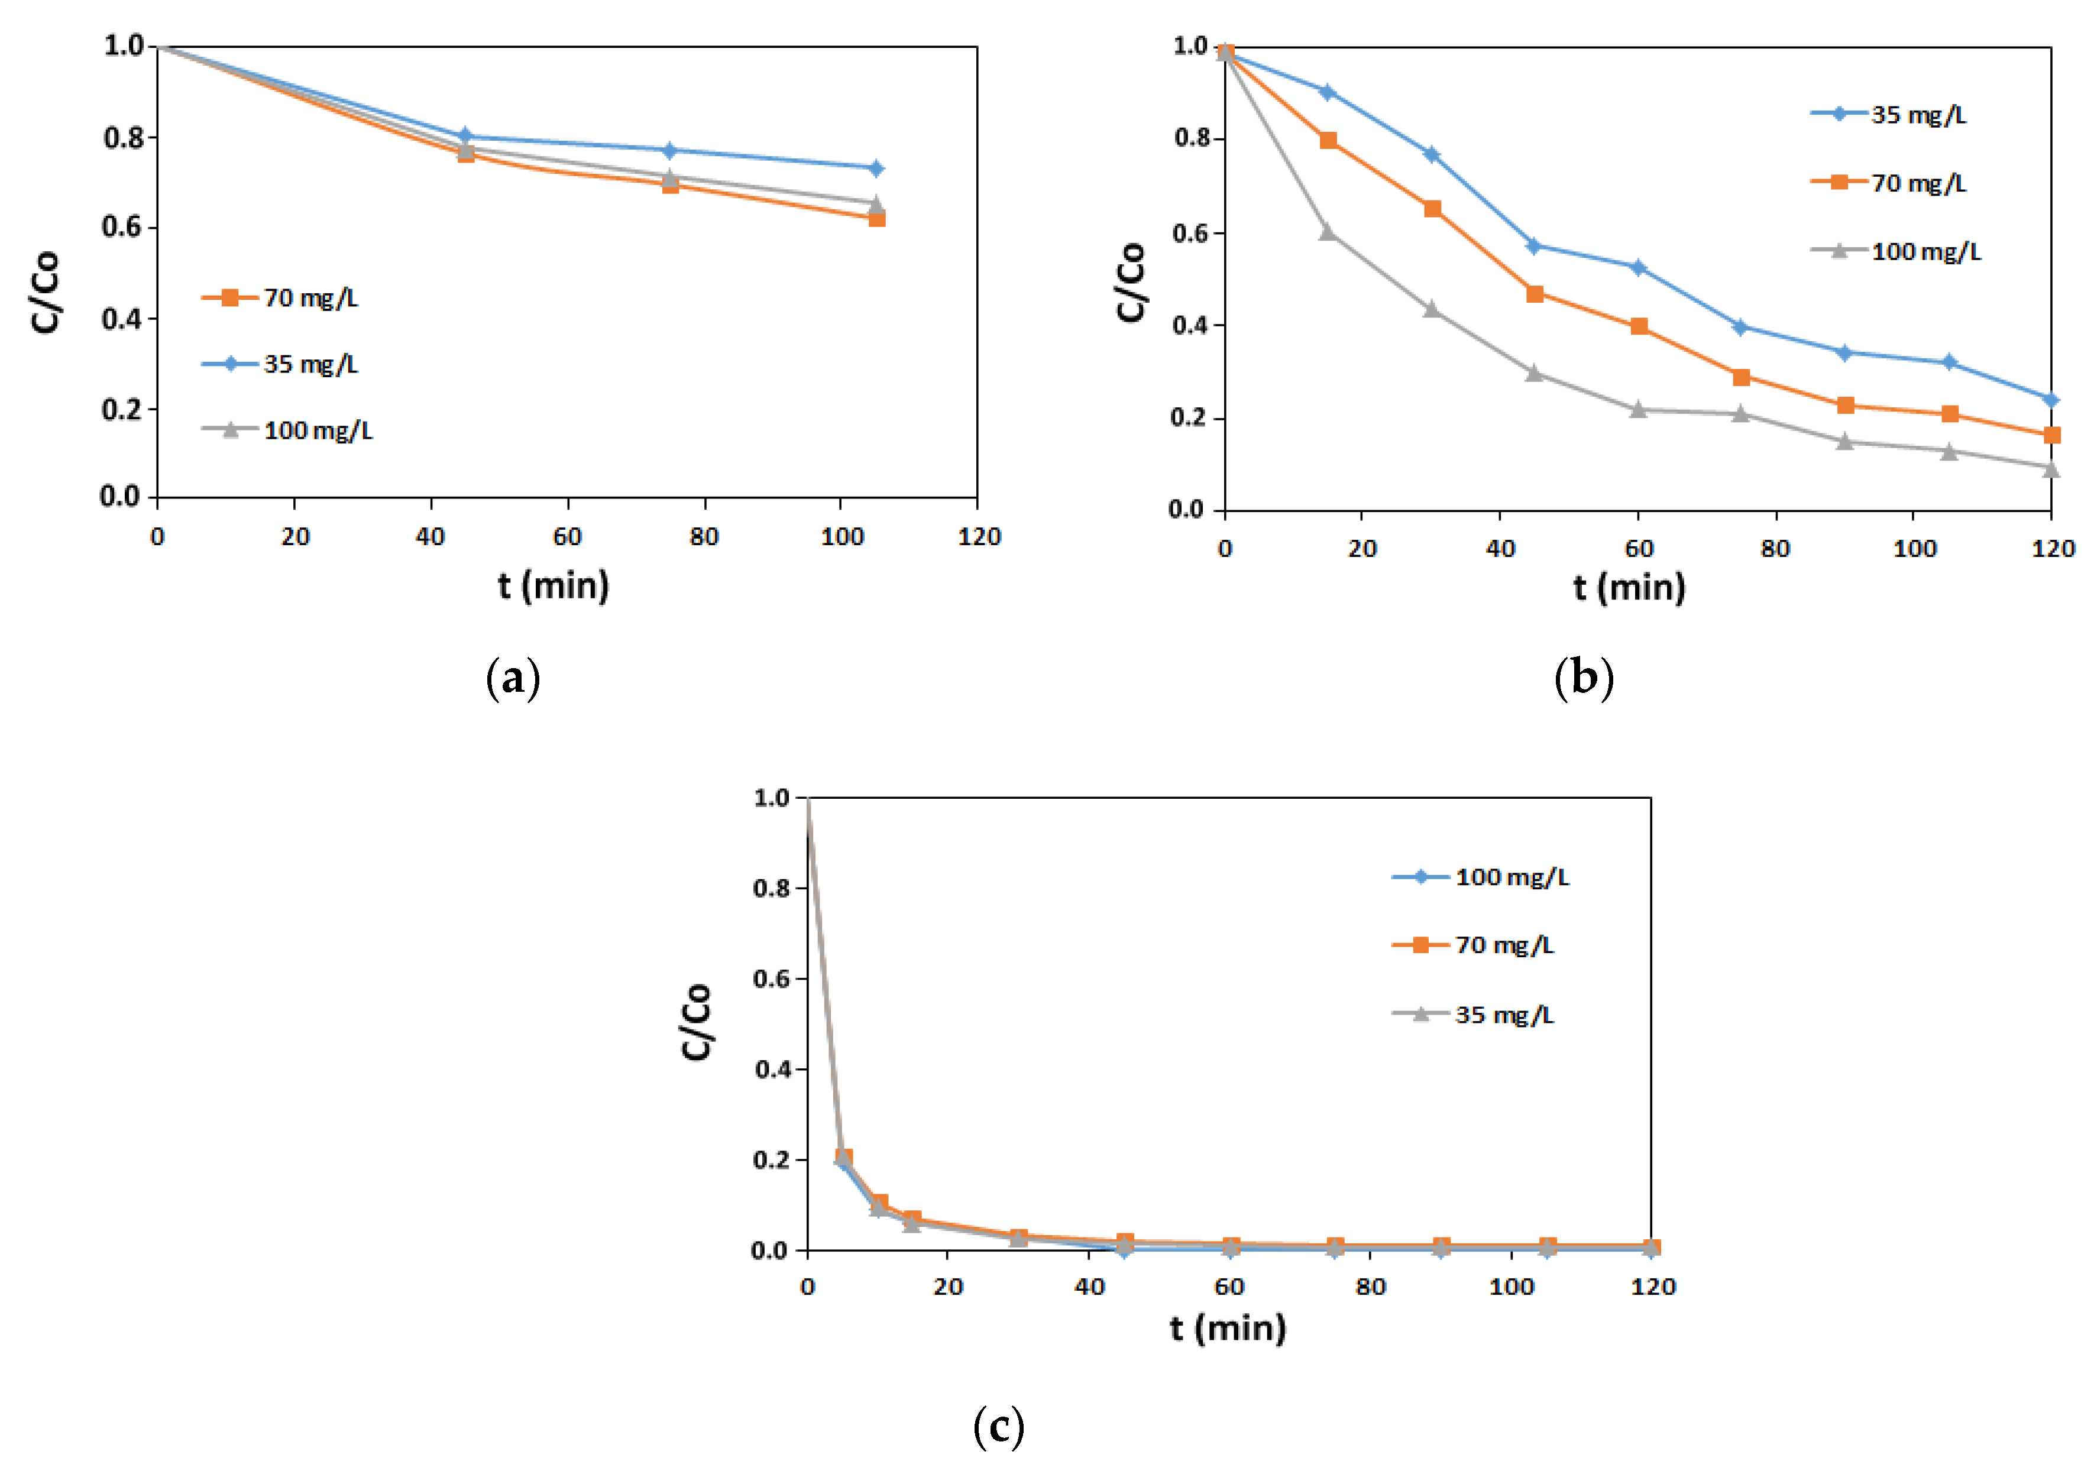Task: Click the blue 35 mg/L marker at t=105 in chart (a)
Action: [876, 168]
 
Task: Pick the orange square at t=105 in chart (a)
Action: [876, 219]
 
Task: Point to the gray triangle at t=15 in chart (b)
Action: [1328, 232]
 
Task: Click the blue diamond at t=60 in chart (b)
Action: [1638, 268]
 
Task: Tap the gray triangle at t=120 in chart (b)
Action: [2050, 469]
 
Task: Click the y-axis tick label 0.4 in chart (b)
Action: [1191, 326]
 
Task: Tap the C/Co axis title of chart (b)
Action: [1131, 282]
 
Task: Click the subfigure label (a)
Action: [513, 679]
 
